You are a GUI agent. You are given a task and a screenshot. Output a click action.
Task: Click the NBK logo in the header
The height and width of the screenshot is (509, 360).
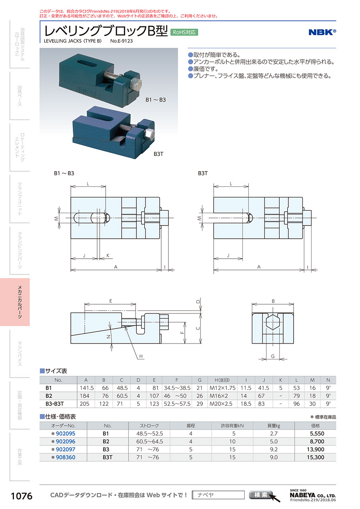[322, 32]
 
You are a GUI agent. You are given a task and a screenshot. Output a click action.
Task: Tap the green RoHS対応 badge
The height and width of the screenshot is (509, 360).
[184, 32]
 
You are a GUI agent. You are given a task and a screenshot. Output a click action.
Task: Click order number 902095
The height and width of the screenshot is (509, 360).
[66, 433]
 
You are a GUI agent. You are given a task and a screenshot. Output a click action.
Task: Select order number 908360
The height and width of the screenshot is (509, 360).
[66, 457]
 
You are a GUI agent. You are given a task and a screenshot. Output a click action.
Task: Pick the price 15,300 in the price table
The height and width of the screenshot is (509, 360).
[316, 457]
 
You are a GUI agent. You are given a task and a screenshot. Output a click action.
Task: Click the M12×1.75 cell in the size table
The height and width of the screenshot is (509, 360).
[222, 388]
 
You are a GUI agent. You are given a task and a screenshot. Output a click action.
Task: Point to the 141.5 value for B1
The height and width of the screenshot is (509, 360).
[86, 388]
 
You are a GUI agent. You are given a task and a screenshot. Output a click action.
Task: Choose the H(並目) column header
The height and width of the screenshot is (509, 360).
[222, 380]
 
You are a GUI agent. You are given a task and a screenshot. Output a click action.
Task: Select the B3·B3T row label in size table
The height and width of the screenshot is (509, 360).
[54, 404]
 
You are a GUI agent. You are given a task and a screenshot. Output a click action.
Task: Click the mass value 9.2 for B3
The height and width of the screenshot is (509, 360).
[274, 449]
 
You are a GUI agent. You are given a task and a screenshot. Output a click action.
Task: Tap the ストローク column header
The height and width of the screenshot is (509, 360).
[149, 425]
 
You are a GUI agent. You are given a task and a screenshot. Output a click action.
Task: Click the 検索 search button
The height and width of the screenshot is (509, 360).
[260, 495]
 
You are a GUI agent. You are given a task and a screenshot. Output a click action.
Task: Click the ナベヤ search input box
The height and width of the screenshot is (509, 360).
[218, 495]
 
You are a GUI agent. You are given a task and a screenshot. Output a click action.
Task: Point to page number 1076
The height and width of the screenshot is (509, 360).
[22, 496]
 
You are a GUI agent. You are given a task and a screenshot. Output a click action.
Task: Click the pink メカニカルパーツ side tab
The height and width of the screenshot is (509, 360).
[15, 302]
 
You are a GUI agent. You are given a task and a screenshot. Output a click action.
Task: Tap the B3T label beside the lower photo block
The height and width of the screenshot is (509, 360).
[158, 154]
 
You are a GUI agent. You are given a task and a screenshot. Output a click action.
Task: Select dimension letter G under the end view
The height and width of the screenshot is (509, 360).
[273, 356]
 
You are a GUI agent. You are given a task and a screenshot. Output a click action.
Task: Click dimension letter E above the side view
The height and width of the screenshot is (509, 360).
[111, 301]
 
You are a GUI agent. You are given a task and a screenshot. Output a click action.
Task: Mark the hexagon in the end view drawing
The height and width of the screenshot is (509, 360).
[273, 322]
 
